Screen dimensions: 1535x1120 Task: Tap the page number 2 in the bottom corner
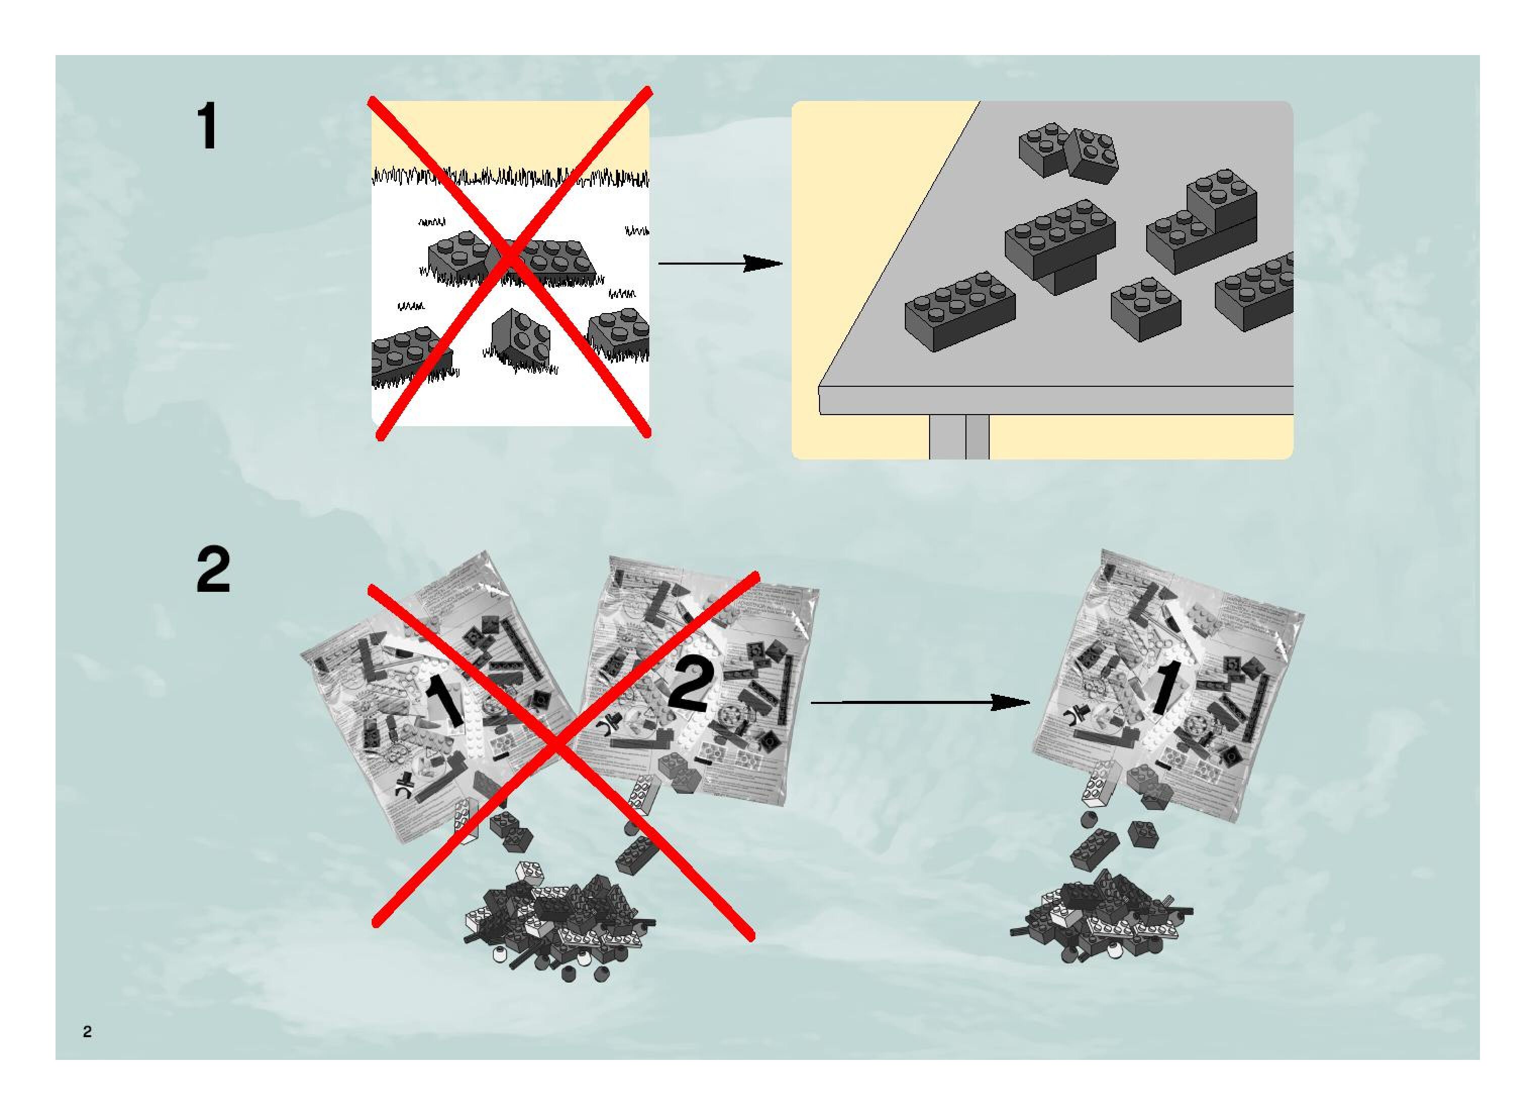click(x=87, y=1032)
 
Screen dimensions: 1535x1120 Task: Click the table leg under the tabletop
click(x=959, y=437)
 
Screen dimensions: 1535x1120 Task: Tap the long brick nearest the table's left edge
click(x=960, y=311)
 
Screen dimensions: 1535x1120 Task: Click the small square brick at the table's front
click(x=1145, y=309)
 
